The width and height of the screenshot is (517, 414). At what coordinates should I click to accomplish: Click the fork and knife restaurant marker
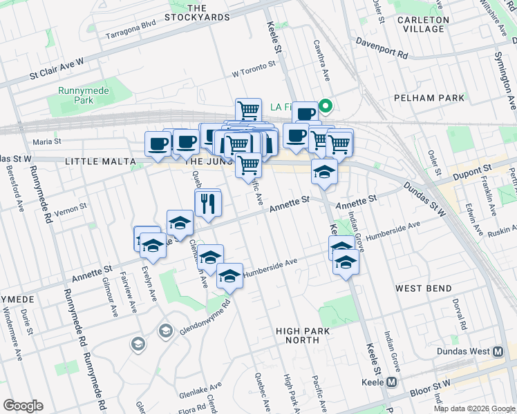[207, 203]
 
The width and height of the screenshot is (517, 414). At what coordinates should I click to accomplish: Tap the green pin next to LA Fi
[328, 106]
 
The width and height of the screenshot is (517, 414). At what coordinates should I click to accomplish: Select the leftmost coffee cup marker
[158, 144]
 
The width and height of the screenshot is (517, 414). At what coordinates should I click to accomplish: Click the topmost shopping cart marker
[248, 110]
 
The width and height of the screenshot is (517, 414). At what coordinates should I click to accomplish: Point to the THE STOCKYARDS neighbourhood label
[198, 12]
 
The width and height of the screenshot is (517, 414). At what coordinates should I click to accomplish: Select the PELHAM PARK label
[429, 98]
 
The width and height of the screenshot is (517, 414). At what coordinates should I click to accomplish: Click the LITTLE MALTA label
[97, 161]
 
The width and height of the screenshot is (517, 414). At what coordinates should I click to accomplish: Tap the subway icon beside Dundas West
[498, 351]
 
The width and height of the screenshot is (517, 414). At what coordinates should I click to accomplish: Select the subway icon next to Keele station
[391, 382]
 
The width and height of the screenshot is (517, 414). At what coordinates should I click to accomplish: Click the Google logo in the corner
[23, 406]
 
